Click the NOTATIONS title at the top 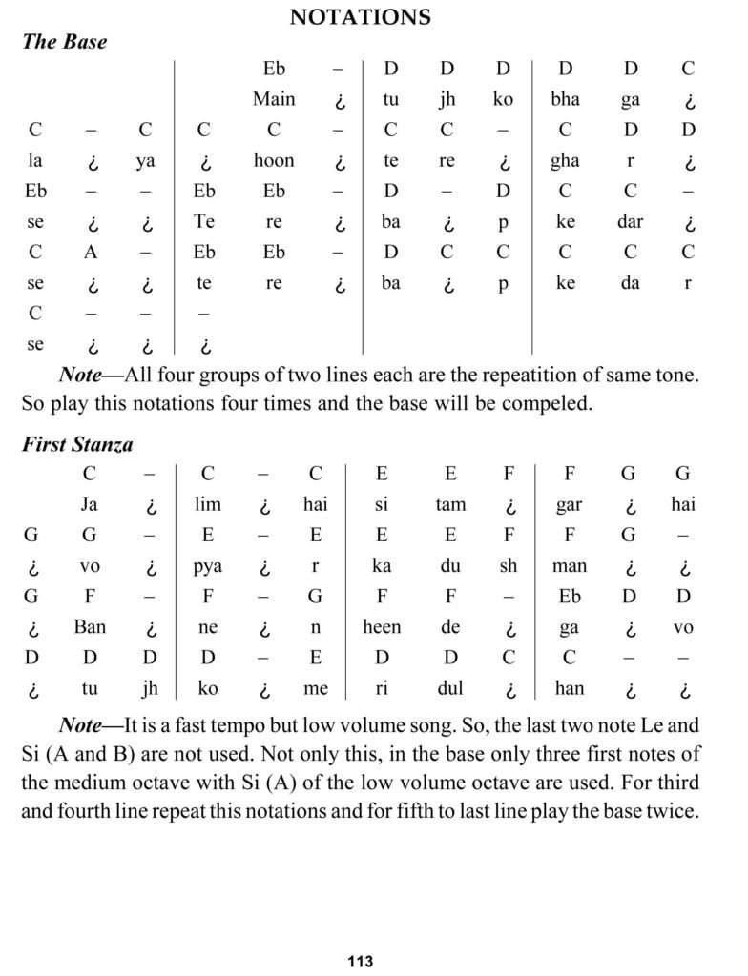[360, 16]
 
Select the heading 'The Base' [64, 42]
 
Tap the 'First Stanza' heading [77, 444]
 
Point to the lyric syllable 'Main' [274, 99]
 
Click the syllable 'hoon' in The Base [274, 160]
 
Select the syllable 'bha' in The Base [566, 99]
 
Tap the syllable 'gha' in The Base [565, 161]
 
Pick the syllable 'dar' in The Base [630, 222]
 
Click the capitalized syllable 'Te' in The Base [204, 222]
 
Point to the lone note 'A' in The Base [90, 253]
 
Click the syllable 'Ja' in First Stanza [89, 505]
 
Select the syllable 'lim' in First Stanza [207, 505]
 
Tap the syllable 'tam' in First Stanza [450, 505]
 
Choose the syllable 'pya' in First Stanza [207, 566]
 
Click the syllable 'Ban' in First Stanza [90, 627]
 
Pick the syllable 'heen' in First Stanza [382, 627]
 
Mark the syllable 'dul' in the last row [450, 688]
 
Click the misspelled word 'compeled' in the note [548, 403]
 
